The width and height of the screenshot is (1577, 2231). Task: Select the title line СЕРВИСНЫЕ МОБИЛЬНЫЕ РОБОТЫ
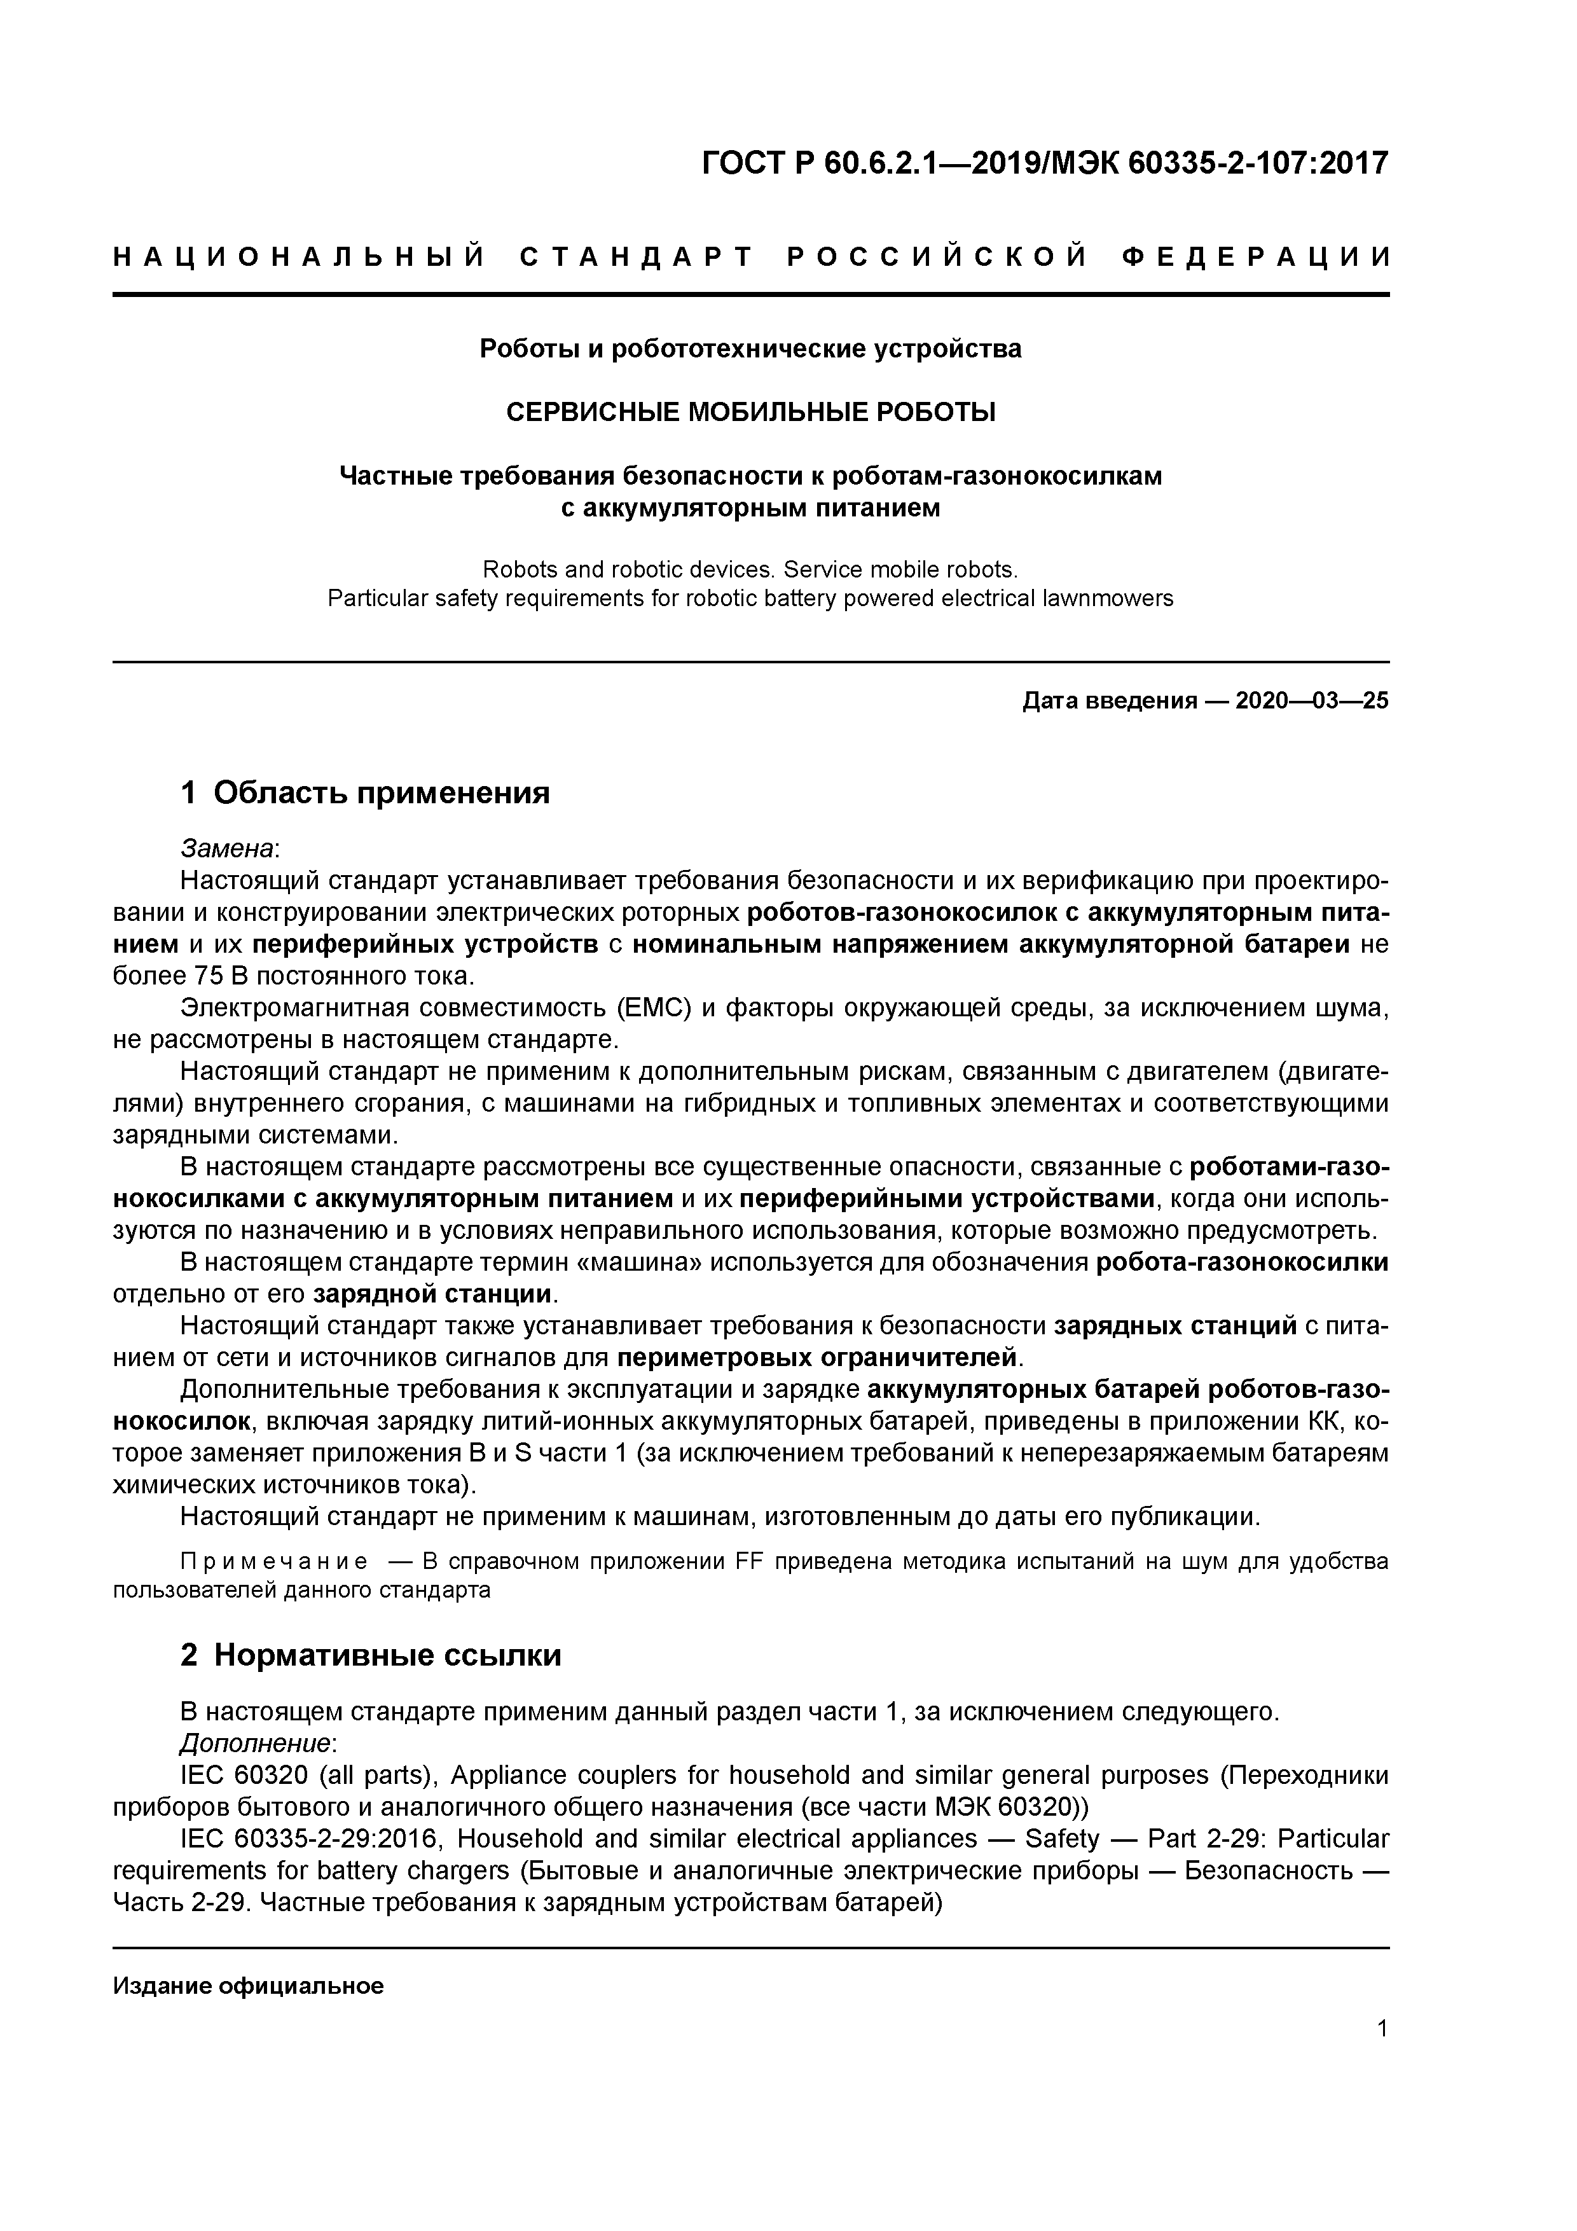(x=750, y=412)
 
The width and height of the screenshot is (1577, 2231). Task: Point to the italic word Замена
(x=228, y=848)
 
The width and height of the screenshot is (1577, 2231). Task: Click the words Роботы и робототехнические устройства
(x=750, y=348)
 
